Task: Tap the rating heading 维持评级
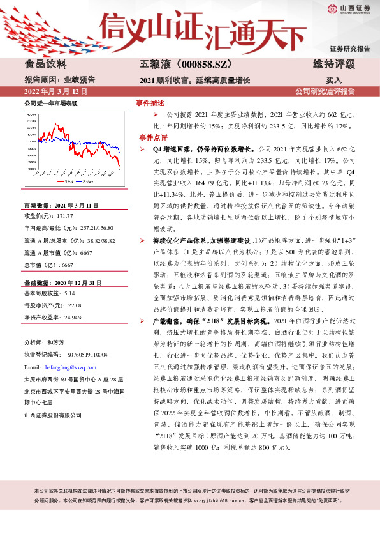point(333,65)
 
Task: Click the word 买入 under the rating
point(333,80)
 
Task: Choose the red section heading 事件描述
point(149,103)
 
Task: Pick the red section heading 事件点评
point(149,137)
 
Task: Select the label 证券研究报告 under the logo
point(349,49)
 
